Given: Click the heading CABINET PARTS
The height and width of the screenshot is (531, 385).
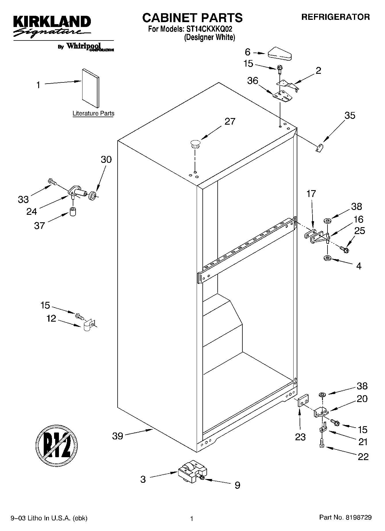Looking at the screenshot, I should coord(192,18).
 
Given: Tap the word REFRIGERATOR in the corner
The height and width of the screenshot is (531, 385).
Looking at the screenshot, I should coord(336,17).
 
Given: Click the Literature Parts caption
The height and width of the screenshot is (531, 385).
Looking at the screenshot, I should coord(93,113).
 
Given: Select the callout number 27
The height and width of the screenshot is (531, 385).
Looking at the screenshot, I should coord(230,121).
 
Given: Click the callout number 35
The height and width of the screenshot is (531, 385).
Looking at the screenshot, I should coord(350,115).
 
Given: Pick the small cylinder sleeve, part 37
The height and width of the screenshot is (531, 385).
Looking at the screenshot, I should coord(73,211).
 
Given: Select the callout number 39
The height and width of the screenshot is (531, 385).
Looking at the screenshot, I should coord(118,436).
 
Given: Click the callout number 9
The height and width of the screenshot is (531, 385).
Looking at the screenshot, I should coord(237,485).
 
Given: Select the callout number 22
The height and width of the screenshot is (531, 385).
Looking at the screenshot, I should coord(363,457).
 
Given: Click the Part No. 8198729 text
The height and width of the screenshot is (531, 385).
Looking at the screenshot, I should coord(345,517).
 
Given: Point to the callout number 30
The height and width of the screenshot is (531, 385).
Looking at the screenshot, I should coord(106,159).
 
